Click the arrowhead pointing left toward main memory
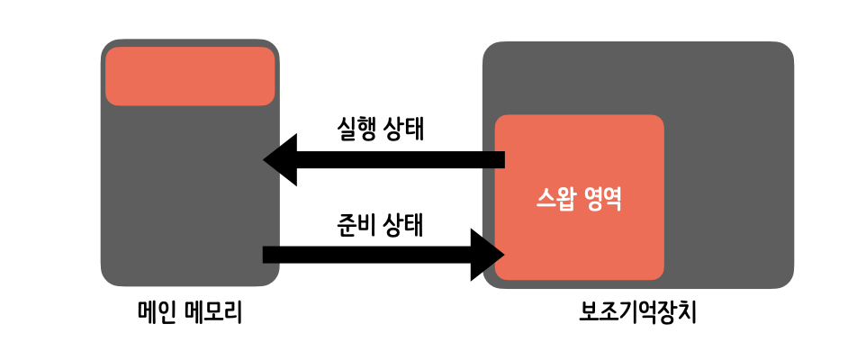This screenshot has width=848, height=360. (x=281, y=160)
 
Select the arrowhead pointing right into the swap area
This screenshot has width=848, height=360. (x=487, y=255)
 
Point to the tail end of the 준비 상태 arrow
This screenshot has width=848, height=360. (x=267, y=255)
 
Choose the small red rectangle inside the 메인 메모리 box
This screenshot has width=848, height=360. (x=190, y=76)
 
